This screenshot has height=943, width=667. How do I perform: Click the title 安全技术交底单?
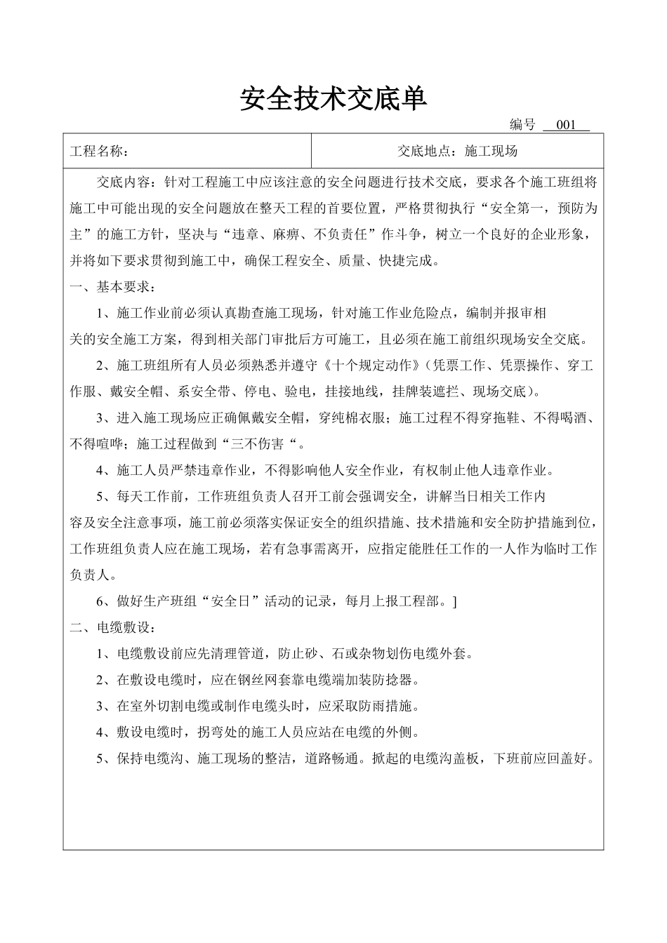[x=333, y=99]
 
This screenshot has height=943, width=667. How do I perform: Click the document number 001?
[x=565, y=126]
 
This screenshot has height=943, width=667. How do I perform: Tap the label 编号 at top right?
[x=522, y=126]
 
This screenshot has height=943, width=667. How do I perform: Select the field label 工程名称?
[x=98, y=152]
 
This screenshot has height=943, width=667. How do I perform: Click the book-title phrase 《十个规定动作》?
[x=375, y=366]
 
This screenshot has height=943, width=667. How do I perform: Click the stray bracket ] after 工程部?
[x=455, y=601]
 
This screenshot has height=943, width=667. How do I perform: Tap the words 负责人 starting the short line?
[x=89, y=575]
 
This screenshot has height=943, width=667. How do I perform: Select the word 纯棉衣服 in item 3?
[x=359, y=418]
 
